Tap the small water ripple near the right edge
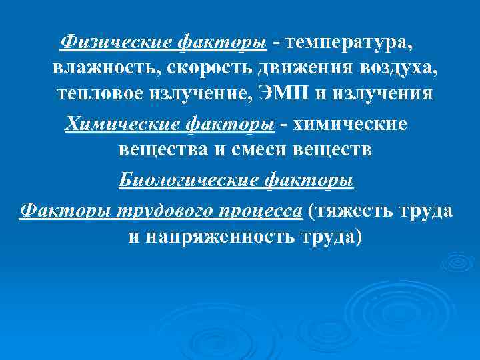[457, 262]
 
